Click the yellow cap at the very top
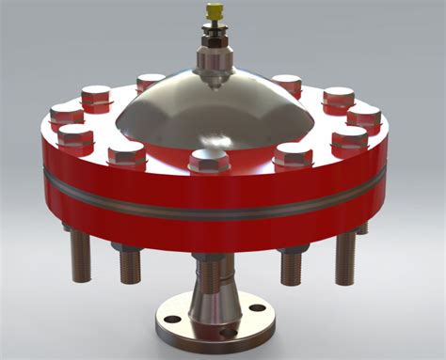click(215, 11)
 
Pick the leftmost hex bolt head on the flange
click(67, 114)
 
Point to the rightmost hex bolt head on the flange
click(363, 116)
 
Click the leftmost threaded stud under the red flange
click(81, 255)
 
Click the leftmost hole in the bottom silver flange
click(171, 320)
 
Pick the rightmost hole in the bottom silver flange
click(257, 308)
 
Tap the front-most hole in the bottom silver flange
click(226, 332)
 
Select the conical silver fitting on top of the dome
click(215, 60)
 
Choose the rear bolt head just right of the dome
click(286, 83)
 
